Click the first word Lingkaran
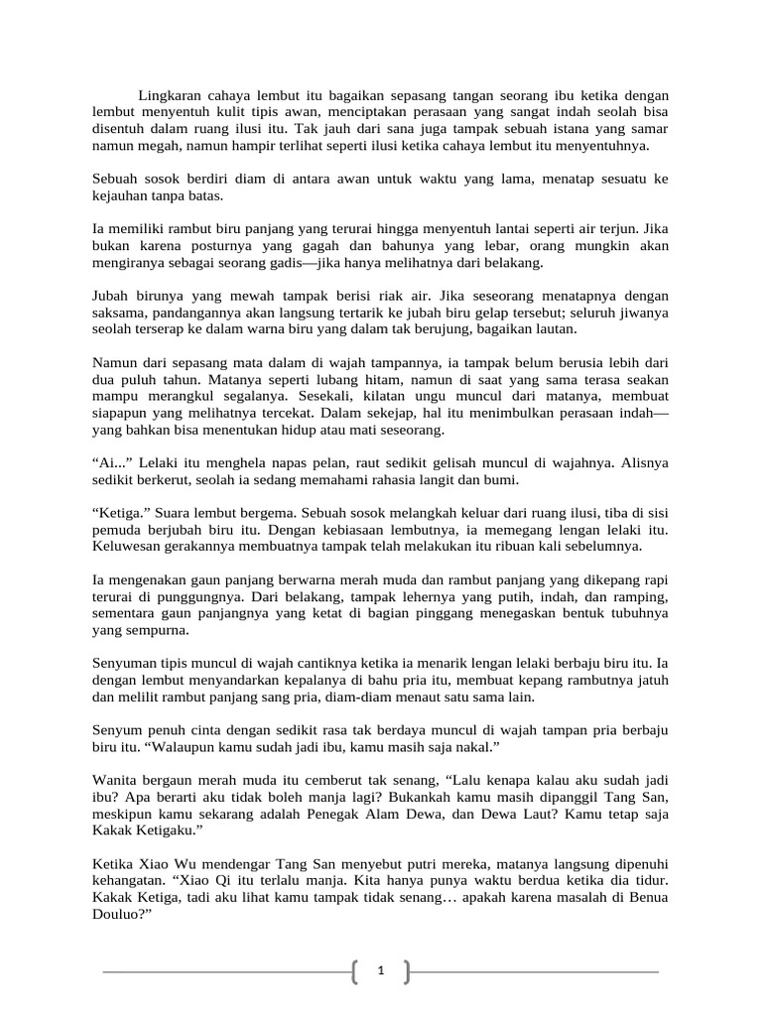click(x=172, y=93)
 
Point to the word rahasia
click(x=378, y=480)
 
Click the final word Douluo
click(x=119, y=916)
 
